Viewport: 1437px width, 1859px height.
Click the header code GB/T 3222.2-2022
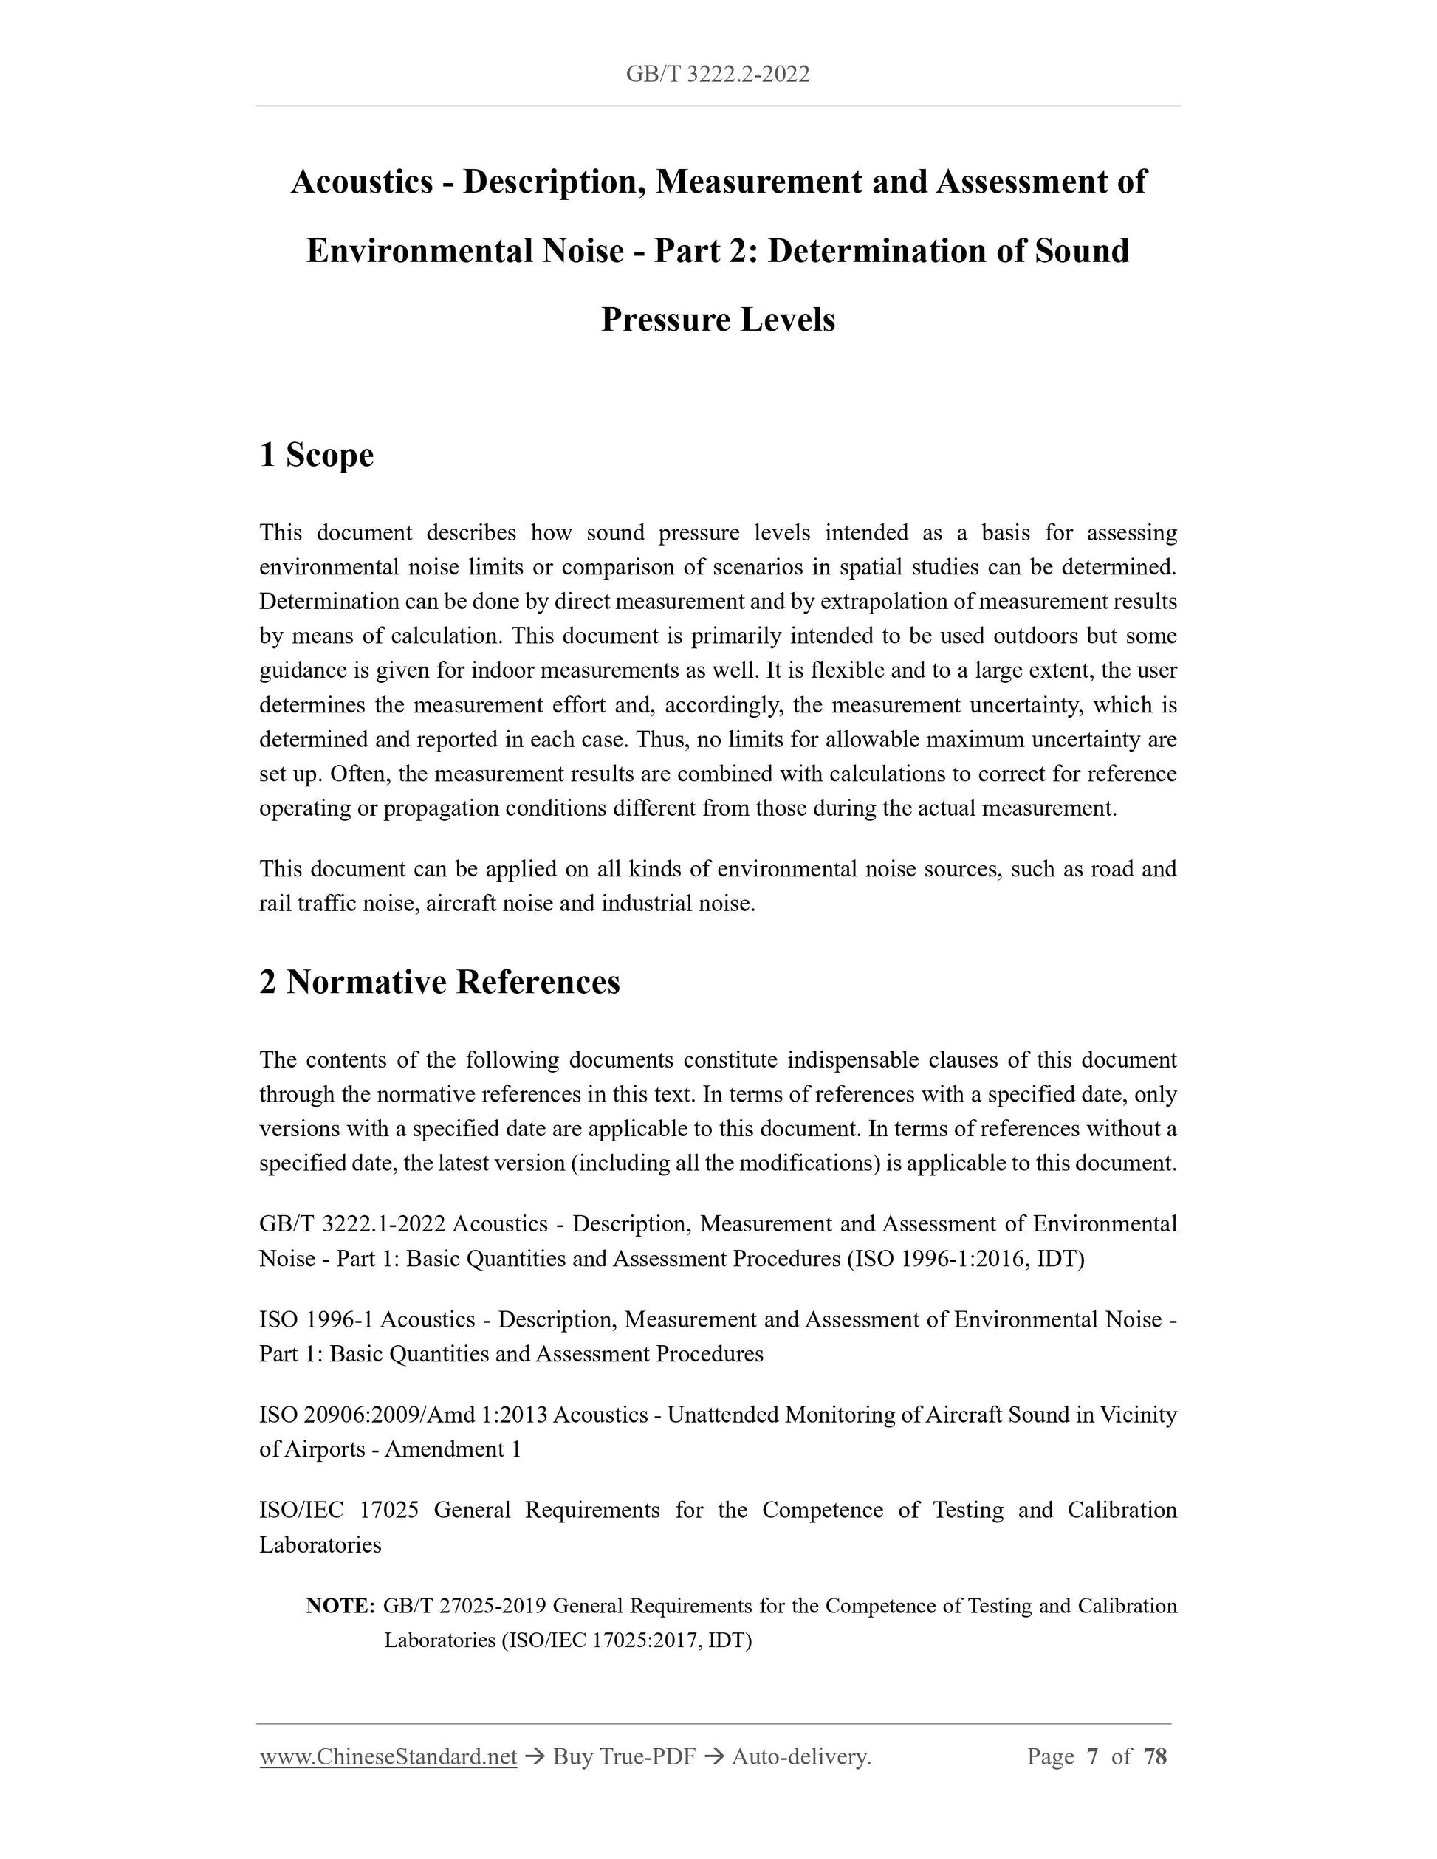point(718,75)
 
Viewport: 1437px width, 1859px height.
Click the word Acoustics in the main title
point(362,182)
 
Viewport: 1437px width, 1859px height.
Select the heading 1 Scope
point(317,455)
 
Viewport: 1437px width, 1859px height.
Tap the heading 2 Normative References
point(439,981)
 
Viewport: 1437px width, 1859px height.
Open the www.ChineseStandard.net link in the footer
point(388,1756)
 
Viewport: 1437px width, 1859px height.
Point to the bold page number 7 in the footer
point(1092,1756)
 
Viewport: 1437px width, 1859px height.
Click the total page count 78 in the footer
point(1154,1756)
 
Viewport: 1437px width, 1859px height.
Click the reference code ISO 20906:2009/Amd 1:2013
point(405,1415)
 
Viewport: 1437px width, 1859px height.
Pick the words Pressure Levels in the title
point(718,320)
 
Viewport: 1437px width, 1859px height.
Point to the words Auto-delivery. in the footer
point(800,1756)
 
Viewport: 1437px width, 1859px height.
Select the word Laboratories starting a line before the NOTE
point(320,1545)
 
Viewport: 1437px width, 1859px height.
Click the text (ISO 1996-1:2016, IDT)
point(965,1259)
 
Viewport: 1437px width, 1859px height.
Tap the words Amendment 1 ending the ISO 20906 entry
point(452,1449)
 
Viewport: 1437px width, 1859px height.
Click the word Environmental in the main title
point(419,251)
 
